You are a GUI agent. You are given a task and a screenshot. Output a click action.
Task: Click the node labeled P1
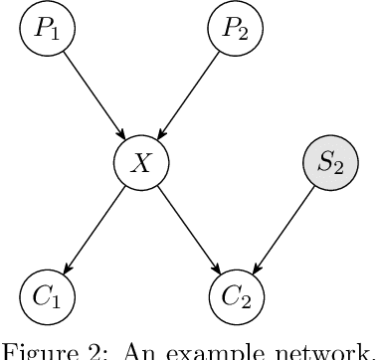coord(47,28)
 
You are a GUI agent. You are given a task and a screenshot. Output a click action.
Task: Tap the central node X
coord(140,162)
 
